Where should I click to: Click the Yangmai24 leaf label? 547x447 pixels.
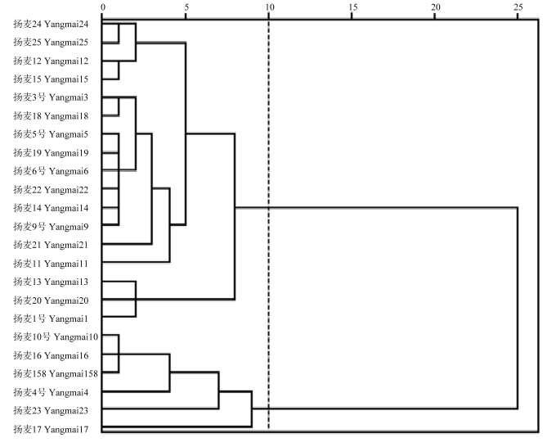(x=51, y=24)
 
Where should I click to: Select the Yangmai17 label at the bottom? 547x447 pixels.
(x=51, y=429)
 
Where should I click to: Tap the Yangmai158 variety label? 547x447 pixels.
(x=56, y=373)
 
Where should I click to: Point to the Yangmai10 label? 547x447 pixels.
(x=56, y=337)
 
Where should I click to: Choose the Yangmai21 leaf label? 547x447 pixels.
(x=51, y=245)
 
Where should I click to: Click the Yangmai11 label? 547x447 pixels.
(x=51, y=264)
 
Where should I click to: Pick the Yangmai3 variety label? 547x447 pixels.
(x=51, y=97)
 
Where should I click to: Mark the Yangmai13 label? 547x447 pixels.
(x=51, y=282)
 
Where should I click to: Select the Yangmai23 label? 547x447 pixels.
(x=51, y=411)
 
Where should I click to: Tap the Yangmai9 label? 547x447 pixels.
(x=51, y=227)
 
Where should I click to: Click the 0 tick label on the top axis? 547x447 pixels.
(x=103, y=7)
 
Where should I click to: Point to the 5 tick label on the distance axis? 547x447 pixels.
(x=186, y=7)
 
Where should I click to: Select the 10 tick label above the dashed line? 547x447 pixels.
(x=269, y=7)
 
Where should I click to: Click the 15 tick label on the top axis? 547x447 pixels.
(x=352, y=7)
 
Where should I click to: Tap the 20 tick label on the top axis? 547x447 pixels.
(x=436, y=7)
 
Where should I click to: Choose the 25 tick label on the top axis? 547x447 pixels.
(x=518, y=7)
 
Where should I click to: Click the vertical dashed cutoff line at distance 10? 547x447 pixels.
(x=269, y=223)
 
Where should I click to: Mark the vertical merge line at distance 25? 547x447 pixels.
(x=518, y=308)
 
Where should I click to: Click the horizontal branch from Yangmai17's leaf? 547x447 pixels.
(x=177, y=427)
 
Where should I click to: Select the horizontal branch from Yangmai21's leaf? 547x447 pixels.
(x=127, y=244)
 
